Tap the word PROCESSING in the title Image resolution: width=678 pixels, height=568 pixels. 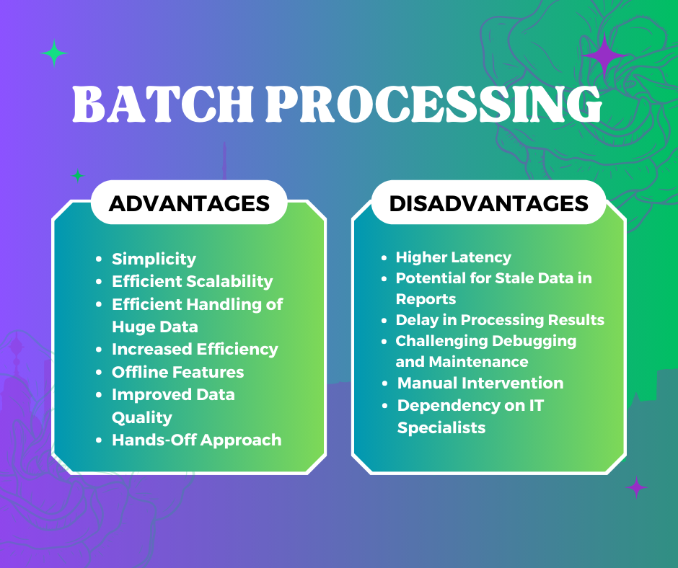[x=433, y=106]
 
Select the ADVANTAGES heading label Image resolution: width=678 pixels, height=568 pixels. [x=189, y=203]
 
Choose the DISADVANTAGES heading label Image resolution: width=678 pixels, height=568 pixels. [x=489, y=203]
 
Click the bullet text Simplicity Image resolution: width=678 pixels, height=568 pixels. [x=154, y=259]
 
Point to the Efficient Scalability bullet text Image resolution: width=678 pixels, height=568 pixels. [x=192, y=281]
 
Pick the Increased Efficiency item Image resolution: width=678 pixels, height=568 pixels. [x=195, y=349]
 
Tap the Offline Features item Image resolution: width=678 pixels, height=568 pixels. [x=177, y=372]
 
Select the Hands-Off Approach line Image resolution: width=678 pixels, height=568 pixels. [x=196, y=440]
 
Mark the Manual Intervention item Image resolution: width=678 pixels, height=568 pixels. [x=480, y=383]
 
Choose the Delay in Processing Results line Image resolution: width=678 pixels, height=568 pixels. [x=500, y=319]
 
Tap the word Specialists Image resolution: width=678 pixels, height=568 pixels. [x=441, y=427]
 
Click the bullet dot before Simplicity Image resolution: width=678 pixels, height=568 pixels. [x=98, y=259]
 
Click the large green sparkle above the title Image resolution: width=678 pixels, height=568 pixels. [x=54, y=53]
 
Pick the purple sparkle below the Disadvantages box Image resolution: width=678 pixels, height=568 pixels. [x=636, y=487]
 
